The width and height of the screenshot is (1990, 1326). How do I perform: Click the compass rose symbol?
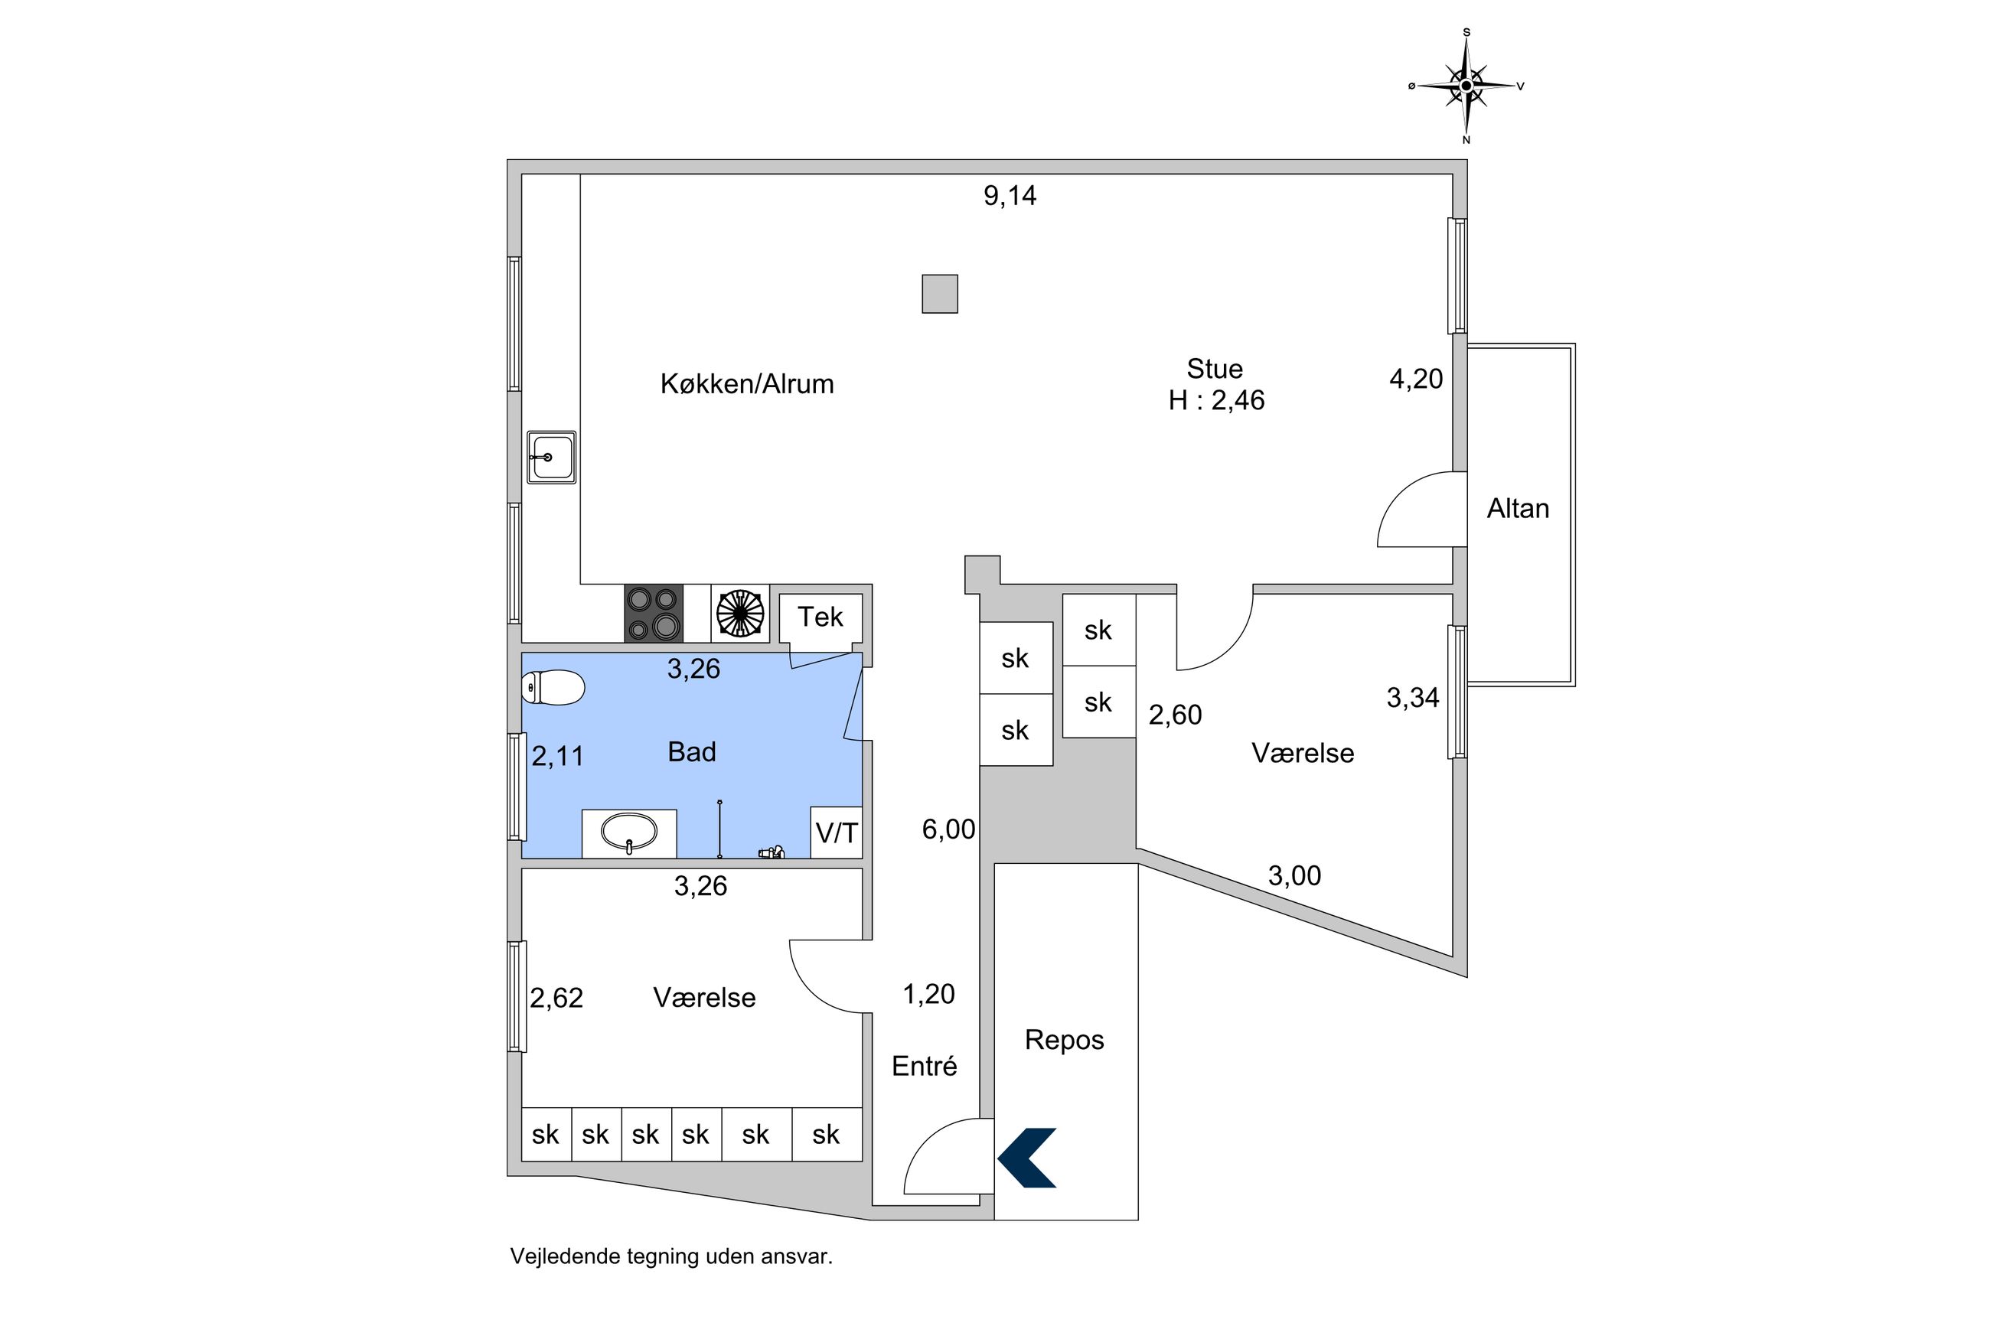[x=1466, y=86]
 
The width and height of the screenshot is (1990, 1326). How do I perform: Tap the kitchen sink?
[x=550, y=457]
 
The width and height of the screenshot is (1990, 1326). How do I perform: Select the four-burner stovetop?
[x=653, y=612]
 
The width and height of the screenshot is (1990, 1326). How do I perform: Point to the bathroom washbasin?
[x=628, y=832]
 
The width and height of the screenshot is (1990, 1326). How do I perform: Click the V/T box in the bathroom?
[x=836, y=833]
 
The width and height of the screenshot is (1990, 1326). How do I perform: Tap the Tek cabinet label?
[x=820, y=617]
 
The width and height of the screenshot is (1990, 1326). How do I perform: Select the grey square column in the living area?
[x=939, y=294]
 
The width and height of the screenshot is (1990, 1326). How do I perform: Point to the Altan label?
[x=1517, y=508]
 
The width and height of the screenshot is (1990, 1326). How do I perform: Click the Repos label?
[x=1064, y=1039]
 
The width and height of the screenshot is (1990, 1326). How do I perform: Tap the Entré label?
[x=924, y=1066]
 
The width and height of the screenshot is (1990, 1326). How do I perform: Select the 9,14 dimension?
[x=1009, y=195]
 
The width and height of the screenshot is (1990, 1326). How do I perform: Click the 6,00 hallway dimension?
[x=948, y=829]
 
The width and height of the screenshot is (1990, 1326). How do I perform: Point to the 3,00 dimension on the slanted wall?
[x=1293, y=875]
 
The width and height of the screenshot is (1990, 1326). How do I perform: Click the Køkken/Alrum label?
[x=747, y=384]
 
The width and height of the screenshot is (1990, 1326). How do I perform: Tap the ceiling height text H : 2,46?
[x=1215, y=400]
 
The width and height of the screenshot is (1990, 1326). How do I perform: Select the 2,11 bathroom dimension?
[x=557, y=755]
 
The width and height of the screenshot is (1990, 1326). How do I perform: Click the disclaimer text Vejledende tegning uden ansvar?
[x=670, y=1256]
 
